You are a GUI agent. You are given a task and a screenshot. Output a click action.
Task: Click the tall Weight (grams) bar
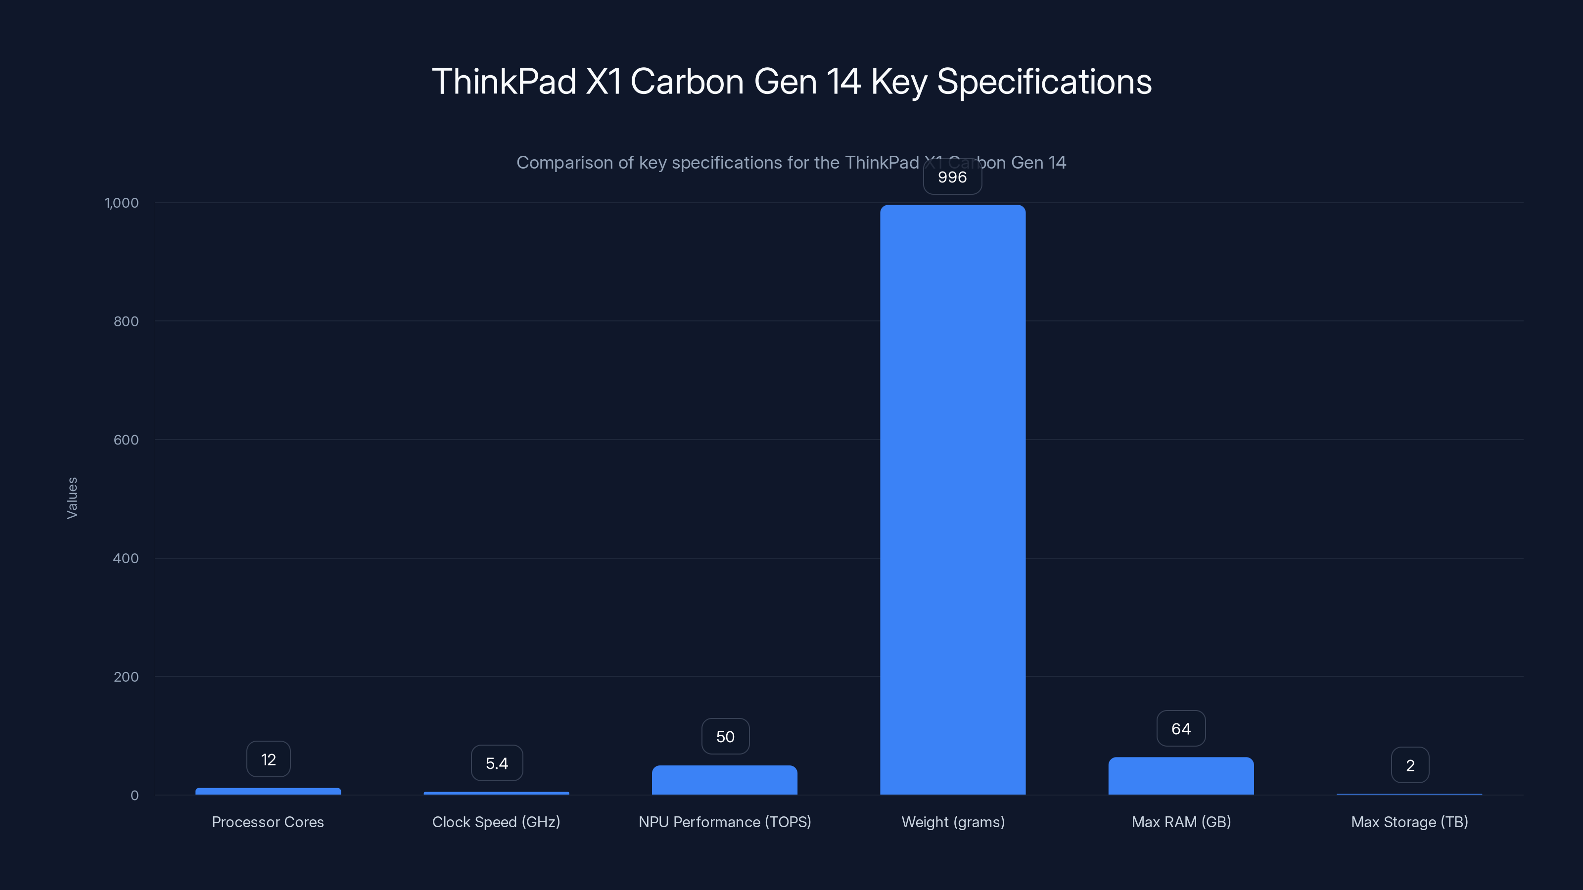point(952,499)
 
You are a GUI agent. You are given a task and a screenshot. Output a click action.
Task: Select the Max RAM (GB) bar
point(1180,776)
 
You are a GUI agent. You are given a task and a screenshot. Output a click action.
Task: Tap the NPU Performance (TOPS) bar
point(725,780)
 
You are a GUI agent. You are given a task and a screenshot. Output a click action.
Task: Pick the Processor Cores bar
point(268,791)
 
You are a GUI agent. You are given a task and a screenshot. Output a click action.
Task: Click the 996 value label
point(952,178)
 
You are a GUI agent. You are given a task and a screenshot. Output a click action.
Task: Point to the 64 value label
point(1180,729)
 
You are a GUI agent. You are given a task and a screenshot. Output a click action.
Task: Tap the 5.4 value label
point(497,763)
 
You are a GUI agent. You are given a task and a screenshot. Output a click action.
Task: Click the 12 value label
point(268,760)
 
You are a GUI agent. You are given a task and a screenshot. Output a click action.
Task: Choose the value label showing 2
point(1410,765)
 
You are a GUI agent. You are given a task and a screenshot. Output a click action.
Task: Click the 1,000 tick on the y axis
point(122,203)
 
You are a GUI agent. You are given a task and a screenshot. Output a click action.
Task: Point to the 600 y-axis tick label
point(126,440)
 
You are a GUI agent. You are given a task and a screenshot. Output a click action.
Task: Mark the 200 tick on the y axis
point(126,677)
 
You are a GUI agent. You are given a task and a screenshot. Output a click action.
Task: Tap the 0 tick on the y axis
point(135,796)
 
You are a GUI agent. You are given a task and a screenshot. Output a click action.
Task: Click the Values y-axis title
point(72,498)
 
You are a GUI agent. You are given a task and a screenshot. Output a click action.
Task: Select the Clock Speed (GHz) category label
point(496,822)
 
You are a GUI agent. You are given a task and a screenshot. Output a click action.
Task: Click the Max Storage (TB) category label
point(1409,822)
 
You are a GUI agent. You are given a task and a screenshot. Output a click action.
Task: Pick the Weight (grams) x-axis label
point(952,822)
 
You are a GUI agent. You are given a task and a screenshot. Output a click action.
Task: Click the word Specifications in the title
point(1043,82)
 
